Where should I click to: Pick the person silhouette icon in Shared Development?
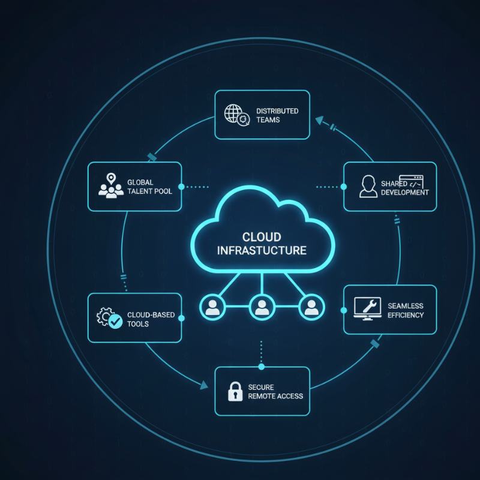[x=368, y=187]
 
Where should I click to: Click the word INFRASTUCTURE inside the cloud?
[x=262, y=250]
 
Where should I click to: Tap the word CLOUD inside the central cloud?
[x=262, y=236]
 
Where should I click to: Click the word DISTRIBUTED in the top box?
[x=277, y=111]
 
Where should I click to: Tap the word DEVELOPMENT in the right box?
[x=405, y=193]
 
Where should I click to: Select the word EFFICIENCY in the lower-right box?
[x=406, y=315]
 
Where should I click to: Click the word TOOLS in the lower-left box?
[x=138, y=324]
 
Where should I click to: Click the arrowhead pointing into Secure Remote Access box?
[x=200, y=388]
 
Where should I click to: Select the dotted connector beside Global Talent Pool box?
[x=197, y=187]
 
